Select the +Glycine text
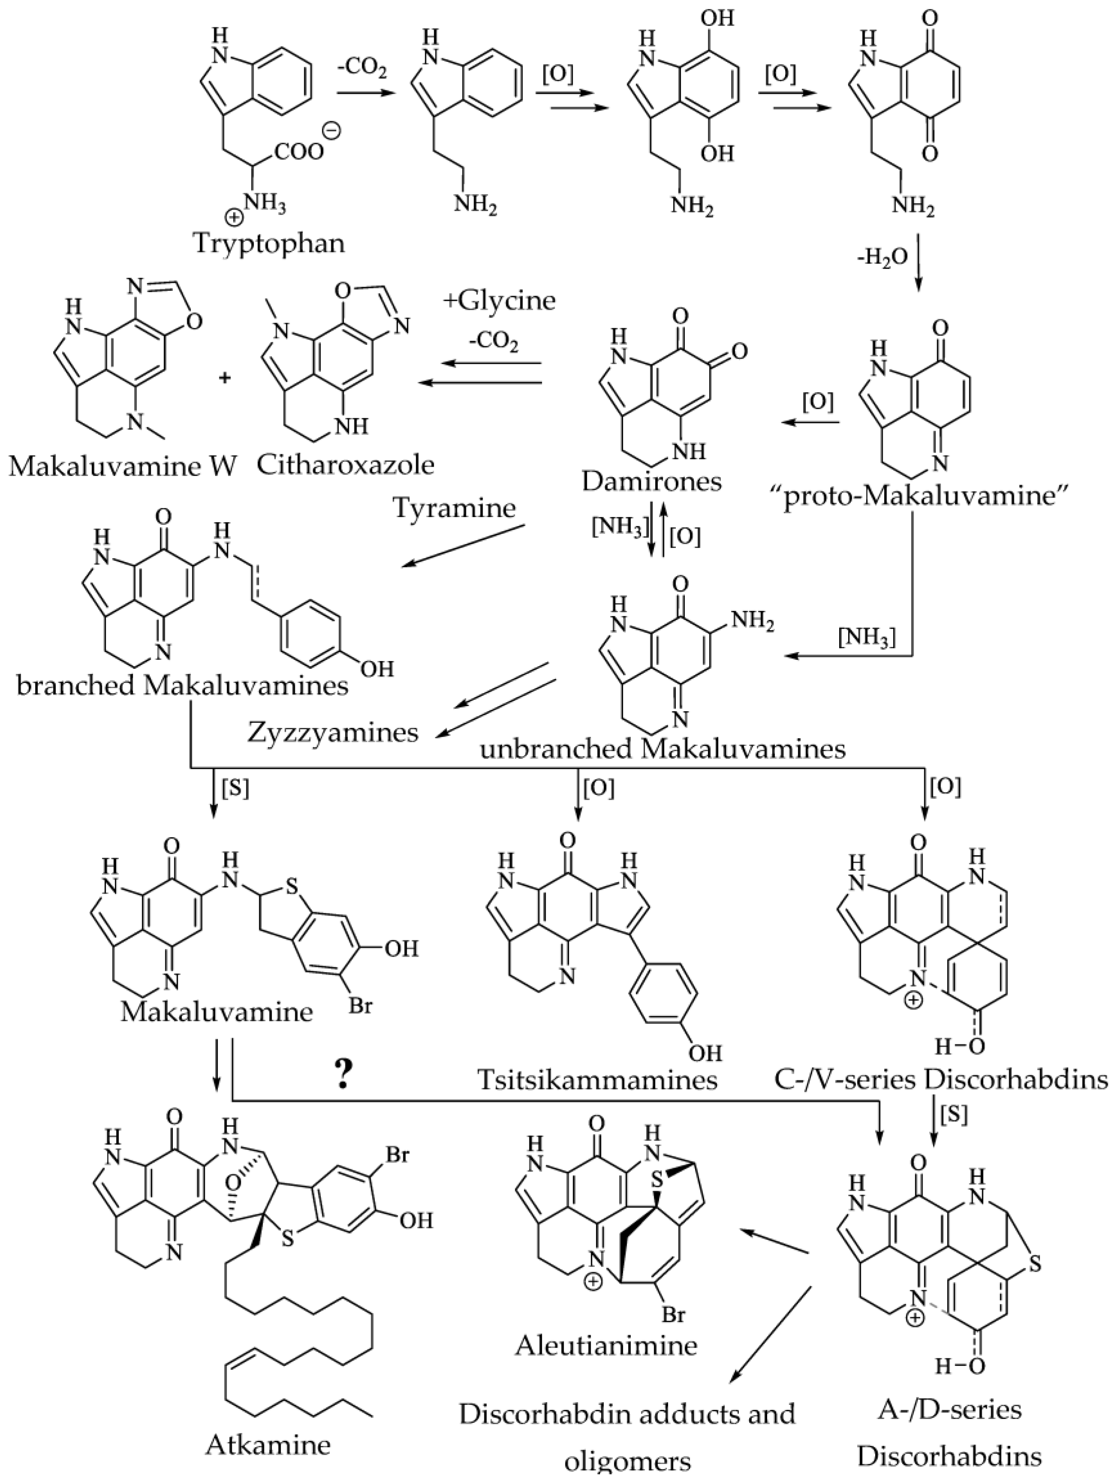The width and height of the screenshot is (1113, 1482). [x=499, y=301]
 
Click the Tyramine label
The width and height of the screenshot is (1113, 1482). [x=454, y=509]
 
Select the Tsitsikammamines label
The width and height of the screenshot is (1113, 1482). [x=597, y=1079]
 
